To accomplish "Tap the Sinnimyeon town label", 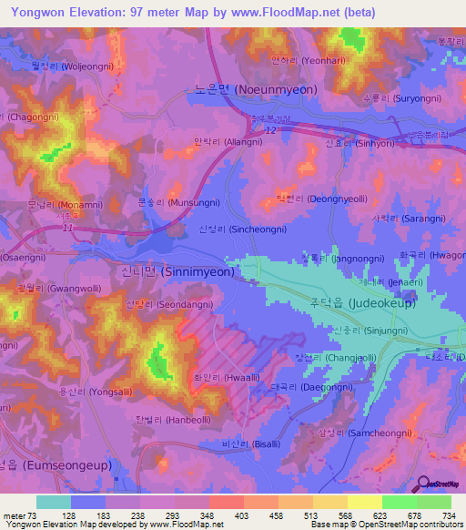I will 192,271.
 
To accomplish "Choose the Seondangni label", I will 184,306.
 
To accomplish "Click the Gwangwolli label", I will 45,288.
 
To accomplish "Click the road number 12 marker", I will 271,130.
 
